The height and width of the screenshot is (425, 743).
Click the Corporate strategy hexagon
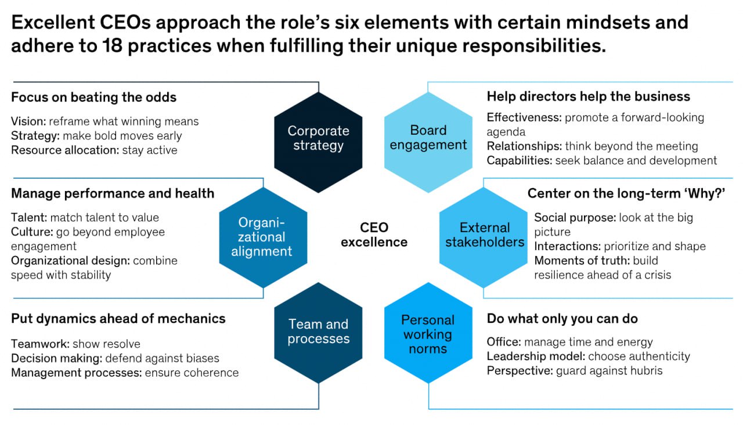pyautogui.click(x=318, y=142)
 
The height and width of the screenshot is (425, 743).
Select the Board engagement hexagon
pyautogui.click(x=428, y=142)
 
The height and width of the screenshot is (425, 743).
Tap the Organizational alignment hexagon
pyautogui.click(x=263, y=237)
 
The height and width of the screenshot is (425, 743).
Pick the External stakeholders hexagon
pyautogui.click(x=484, y=237)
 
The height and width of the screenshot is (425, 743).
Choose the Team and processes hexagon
pyautogui.click(x=318, y=333)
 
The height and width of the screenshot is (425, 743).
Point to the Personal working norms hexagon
pyautogui.click(x=428, y=333)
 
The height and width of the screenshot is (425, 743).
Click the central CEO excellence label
pyautogui.click(x=374, y=235)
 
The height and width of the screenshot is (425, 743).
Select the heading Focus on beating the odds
pyautogui.click(x=94, y=97)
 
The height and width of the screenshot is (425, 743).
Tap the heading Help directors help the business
pyautogui.click(x=589, y=96)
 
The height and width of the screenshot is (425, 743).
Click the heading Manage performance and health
pyautogui.click(x=113, y=193)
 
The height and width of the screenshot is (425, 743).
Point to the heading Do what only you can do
pyautogui.click(x=562, y=319)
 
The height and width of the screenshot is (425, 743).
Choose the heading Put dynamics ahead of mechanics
pyautogui.click(x=118, y=319)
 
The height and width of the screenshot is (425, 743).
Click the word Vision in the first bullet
pyautogui.click(x=28, y=121)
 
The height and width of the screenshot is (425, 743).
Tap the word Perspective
pyautogui.click(x=520, y=371)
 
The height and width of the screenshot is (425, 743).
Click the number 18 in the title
pyautogui.click(x=113, y=45)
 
